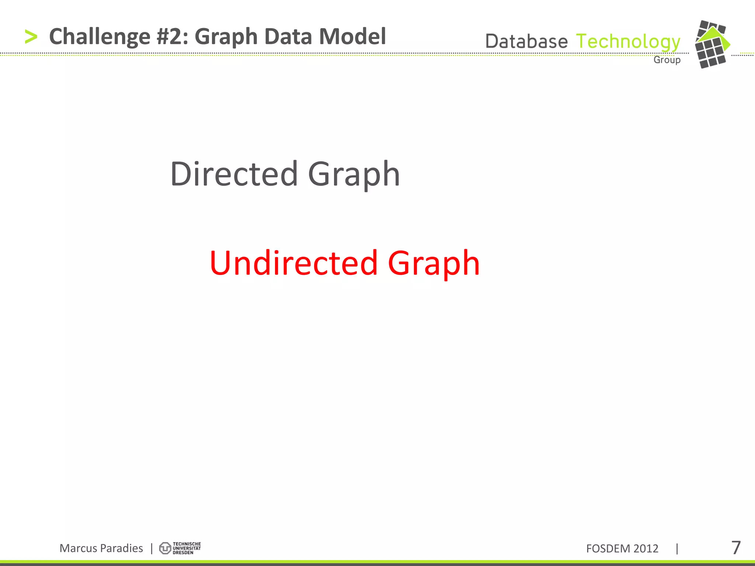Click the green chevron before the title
tap(31, 37)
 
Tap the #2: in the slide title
tap(173, 37)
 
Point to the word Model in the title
tap(352, 37)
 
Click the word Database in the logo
tap(526, 41)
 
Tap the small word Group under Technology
tap(667, 60)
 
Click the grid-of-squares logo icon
tap(711, 45)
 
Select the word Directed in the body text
tap(234, 174)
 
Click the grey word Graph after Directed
tap(354, 175)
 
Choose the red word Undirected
tap(294, 263)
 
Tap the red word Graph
tap(434, 263)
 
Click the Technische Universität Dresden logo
tap(180, 548)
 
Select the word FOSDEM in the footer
tap(608, 549)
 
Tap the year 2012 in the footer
tap(646, 549)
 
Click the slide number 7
tap(736, 548)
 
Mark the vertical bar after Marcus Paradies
tap(152, 548)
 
